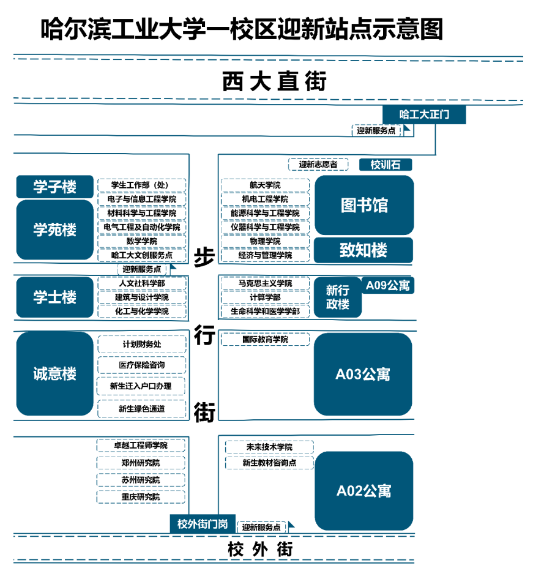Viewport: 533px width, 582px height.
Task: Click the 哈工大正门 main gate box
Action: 424,114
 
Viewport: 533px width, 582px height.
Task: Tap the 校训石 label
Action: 386,165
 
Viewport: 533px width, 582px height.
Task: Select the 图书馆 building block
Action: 364,205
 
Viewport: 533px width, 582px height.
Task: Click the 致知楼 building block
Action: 363,250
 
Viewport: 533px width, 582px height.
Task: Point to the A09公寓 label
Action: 388,285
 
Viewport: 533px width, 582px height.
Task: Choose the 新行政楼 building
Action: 338,297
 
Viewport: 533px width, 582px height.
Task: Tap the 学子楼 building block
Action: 55,187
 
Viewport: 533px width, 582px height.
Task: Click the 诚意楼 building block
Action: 55,373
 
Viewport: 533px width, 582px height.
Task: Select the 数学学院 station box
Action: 142,241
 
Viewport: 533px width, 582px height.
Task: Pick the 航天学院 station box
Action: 265,185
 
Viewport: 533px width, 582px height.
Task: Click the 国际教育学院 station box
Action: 265,339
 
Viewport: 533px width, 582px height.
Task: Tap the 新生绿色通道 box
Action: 142,409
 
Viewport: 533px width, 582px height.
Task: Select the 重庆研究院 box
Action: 141,497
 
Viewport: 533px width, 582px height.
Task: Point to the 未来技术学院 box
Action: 269,447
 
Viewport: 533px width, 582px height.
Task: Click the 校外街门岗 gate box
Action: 203,524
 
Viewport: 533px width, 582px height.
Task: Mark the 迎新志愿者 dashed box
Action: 318,165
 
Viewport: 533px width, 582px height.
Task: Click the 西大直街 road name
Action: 274,81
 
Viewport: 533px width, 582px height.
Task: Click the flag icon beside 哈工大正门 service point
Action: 408,130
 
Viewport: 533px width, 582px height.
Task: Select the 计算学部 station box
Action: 265,297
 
